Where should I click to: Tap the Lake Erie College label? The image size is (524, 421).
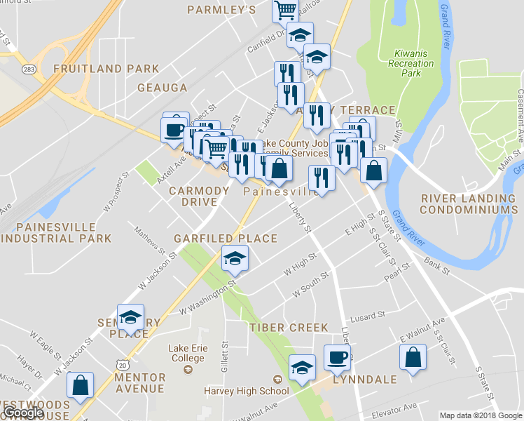187,353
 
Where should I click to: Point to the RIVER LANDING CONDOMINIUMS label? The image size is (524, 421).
469,204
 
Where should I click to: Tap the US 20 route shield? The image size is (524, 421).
123,365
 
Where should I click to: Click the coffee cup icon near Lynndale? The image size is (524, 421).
337,357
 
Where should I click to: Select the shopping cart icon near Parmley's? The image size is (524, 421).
286,11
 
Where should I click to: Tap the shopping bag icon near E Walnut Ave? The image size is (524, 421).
413,357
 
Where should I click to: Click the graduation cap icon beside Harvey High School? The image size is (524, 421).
302,368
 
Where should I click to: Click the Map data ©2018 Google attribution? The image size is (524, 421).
480,415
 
